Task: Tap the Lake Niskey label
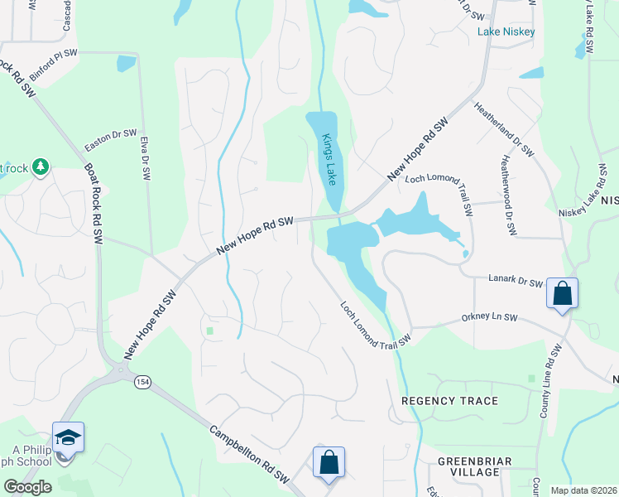506,32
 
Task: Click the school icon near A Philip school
68,438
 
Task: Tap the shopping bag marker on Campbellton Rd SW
329,463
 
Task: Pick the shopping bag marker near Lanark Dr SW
562,294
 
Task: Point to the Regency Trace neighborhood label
449,401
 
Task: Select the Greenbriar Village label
475,466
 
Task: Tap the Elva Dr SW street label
145,158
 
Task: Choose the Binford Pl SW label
52,64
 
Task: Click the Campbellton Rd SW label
247,455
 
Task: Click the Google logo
26,487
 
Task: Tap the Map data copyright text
583,490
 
